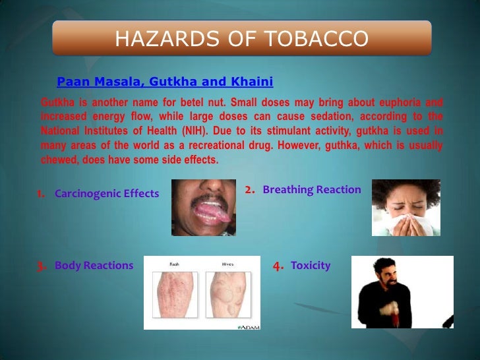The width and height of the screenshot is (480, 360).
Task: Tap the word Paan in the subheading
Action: coord(72,82)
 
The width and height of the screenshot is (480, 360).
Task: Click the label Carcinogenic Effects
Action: coord(107,194)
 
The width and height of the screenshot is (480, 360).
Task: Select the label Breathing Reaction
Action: coord(312,190)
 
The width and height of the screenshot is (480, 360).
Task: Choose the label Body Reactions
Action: coord(94,266)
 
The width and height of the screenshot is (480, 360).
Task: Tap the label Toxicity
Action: coord(311,266)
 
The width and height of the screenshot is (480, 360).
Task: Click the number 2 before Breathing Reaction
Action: coord(249,190)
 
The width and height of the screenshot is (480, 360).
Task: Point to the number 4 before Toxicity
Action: coord(278,266)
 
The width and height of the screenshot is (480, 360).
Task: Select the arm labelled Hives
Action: coord(226,297)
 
